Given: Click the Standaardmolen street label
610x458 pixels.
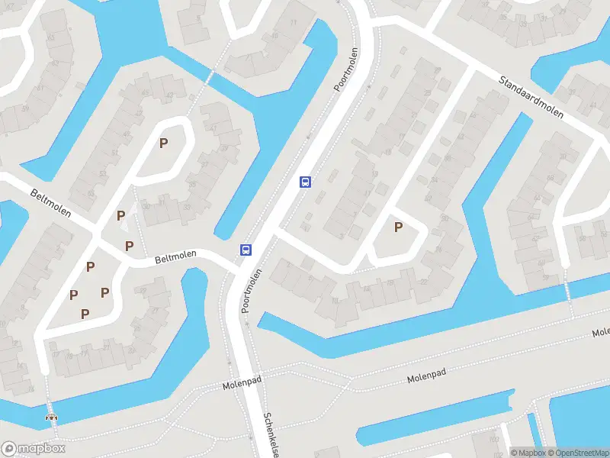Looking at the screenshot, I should (x=531, y=95).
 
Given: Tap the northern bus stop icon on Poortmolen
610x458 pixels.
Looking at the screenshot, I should (x=305, y=182).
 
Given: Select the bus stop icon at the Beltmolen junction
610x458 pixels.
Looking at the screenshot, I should (x=246, y=250).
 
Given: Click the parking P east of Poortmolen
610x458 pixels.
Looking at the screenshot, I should (x=398, y=227).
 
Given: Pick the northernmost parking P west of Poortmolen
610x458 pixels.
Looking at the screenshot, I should (x=163, y=143).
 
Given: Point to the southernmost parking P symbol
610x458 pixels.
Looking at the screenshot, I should (x=85, y=313).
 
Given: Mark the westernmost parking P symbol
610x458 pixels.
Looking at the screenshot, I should (x=74, y=295).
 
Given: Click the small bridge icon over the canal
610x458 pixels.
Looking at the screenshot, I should (x=52, y=418).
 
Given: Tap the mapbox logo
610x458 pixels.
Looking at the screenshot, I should (x=33, y=449).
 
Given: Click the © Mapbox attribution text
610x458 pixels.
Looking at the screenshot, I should (x=526, y=453).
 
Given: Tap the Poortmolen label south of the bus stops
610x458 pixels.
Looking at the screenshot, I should (x=252, y=291).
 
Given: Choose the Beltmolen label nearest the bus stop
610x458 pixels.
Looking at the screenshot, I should (x=175, y=258).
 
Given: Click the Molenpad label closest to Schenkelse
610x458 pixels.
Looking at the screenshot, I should (x=242, y=386).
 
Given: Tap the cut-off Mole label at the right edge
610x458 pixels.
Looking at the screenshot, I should (x=601, y=333).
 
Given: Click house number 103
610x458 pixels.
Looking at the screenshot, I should (x=493, y=438).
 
